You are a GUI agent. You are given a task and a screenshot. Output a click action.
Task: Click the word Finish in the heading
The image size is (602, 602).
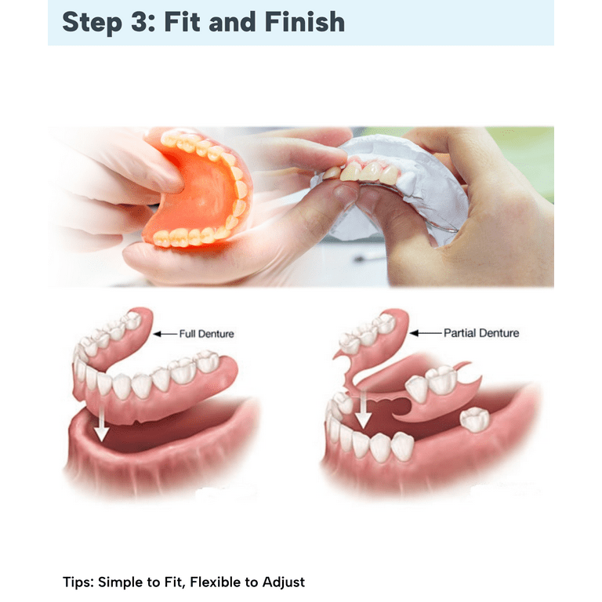[x=304, y=21]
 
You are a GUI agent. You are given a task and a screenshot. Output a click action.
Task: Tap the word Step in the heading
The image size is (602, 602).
[x=92, y=23]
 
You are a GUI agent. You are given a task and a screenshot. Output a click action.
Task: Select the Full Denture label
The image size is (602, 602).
[x=207, y=334]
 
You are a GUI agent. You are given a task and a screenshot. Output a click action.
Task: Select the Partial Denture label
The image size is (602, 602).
[x=481, y=333]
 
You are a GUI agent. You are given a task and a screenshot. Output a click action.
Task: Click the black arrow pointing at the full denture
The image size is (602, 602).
[x=165, y=334]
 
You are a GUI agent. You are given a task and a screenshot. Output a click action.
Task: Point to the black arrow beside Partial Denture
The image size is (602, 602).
[x=426, y=333]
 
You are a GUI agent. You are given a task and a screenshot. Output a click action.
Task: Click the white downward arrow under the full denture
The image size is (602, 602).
[x=101, y=423]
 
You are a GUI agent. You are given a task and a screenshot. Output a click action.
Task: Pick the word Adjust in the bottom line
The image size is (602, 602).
[x=284, y=583]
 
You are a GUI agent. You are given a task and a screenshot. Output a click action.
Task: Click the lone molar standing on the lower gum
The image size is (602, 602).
[x=475, y=419]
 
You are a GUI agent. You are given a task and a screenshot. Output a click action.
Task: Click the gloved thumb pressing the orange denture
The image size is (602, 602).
[x=161, y=172]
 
